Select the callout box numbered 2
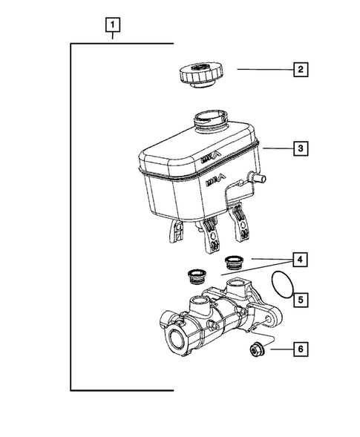pyautogui.click(x=299, y=70)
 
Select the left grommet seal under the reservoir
pyautogui.click(x=197, y=275)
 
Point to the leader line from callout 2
pyautogui.click(x=263, y=70)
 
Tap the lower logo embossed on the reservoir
pyautogui.click(x=212, y=180)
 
